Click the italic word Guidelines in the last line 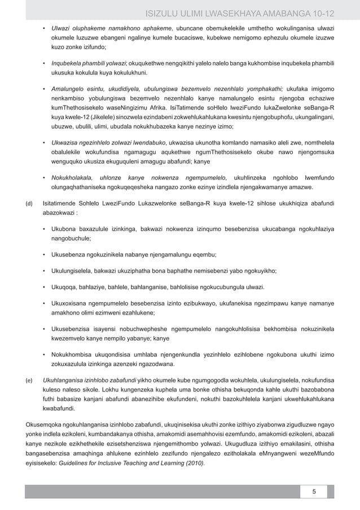point(77,463)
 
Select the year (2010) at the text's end point(195,463)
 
